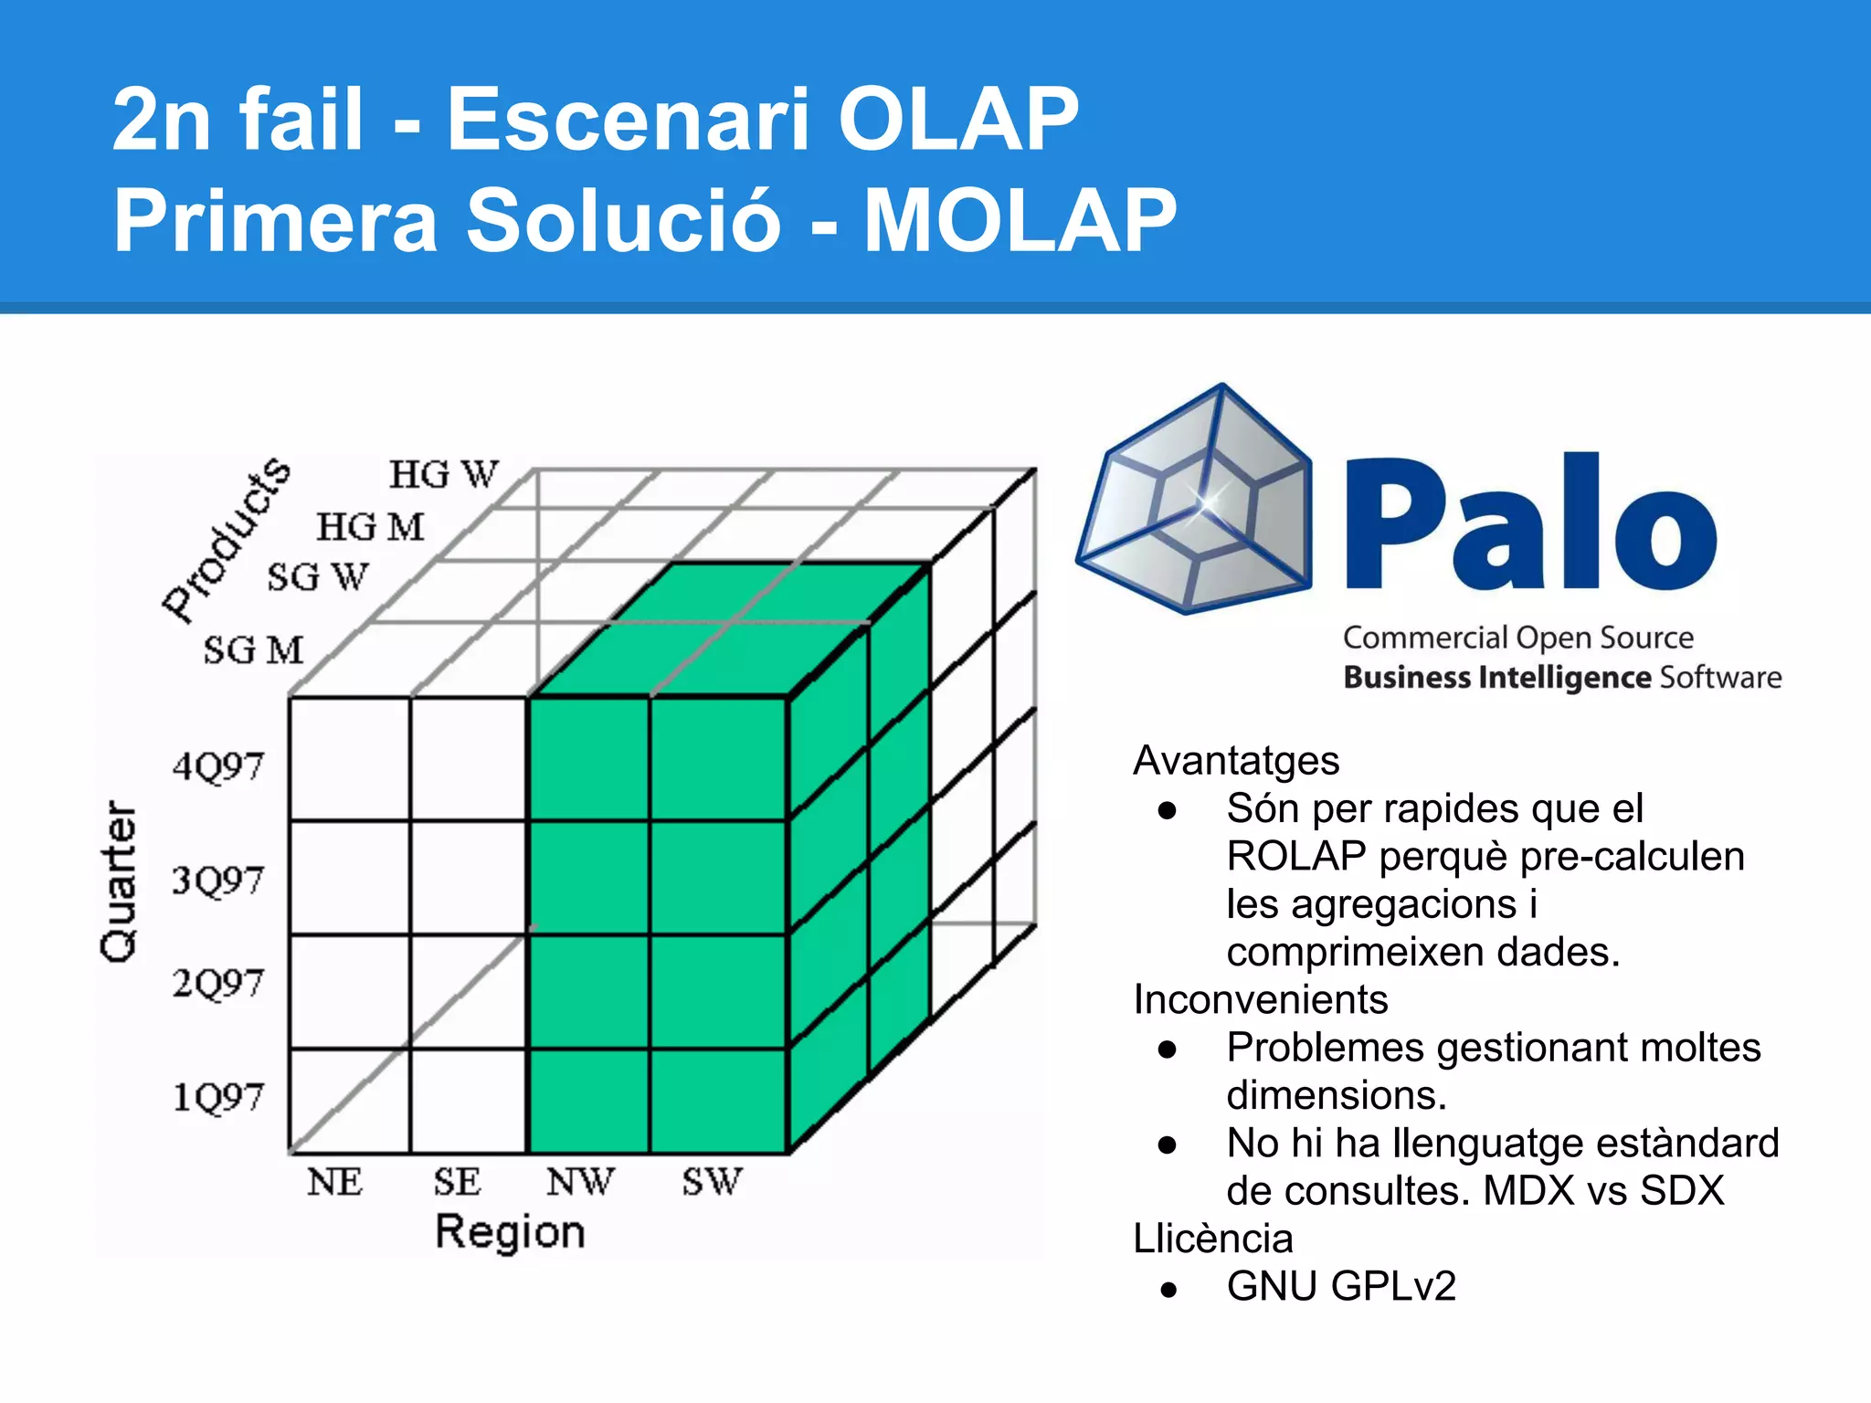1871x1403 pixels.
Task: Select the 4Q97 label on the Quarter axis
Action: [217, 765]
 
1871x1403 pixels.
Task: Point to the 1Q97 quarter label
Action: [217, 1096]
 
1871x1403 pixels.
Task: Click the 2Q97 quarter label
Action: [217, 984]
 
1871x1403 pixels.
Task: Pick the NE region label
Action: [334, 1182]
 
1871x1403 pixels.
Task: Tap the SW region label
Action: [712, 1182]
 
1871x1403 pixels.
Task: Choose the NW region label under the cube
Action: [580, 1182]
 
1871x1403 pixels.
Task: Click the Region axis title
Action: [510, 1232]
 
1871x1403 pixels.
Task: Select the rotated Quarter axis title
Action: [119, 881]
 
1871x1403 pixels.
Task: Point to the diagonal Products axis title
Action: [226, 541]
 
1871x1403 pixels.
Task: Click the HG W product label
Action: [444, 475]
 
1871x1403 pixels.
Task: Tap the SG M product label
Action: [253, 650]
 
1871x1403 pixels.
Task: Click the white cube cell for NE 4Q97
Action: [349, 758]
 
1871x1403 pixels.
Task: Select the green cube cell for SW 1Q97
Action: [718, 1101]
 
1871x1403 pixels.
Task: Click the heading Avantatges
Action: [1236, 761]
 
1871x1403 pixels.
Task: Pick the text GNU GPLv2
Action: [1340, 1286]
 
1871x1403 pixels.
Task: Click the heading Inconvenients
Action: [1260, 999]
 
